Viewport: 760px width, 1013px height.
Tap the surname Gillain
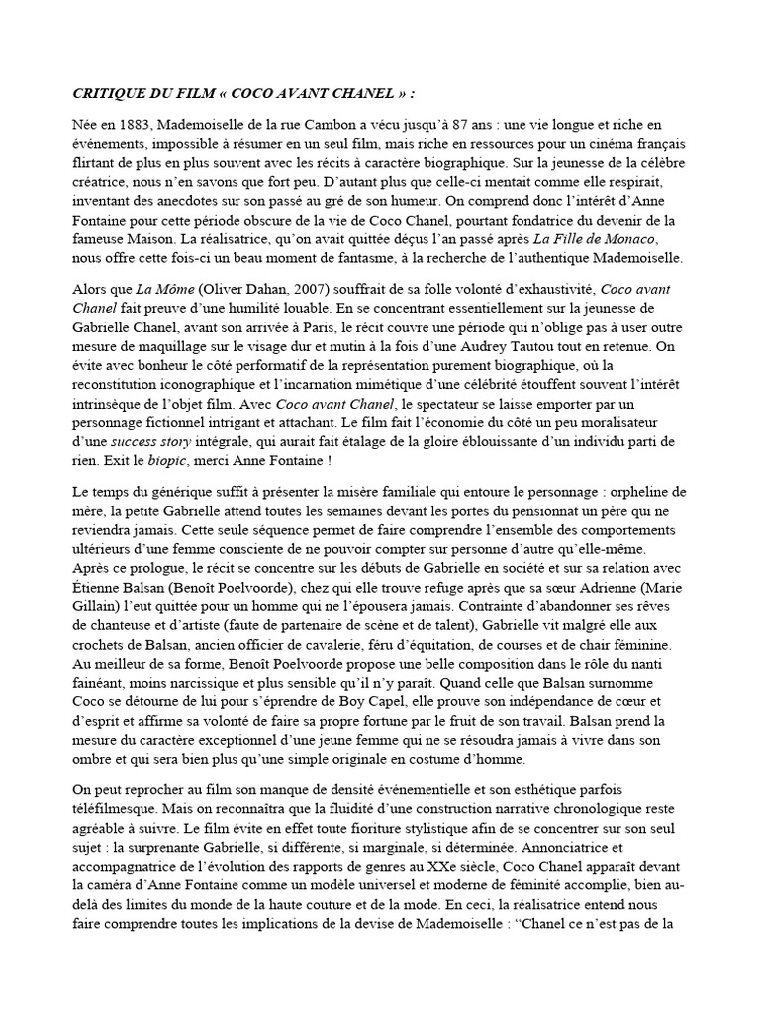coord(100,605)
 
